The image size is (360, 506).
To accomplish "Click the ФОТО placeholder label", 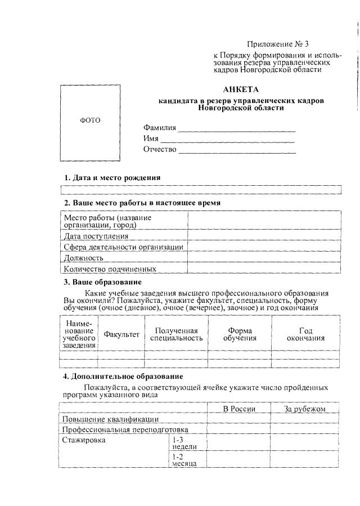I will [90, 120].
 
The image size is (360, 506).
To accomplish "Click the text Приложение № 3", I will [278, 44].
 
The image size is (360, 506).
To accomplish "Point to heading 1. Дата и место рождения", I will [112, 177].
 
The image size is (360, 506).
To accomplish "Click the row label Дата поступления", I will [96, 236].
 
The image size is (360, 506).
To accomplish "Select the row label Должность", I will [84, 258].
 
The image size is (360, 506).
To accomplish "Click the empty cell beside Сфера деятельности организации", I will [264, 247].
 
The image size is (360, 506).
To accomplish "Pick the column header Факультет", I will [121, 334].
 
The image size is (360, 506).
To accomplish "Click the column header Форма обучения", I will [240, 334].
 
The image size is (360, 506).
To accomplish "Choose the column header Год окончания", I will [305, 334].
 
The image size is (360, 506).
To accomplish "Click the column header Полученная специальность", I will [177, 334].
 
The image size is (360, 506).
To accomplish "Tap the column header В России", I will [239, 409].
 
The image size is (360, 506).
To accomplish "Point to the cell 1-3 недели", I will [184, 443].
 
